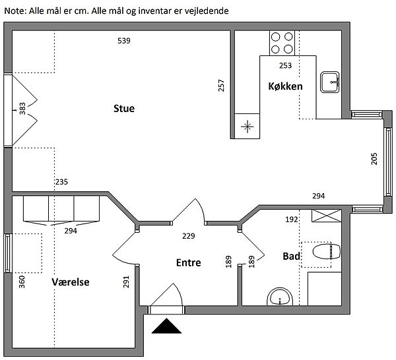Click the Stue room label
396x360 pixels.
tap(124, 109)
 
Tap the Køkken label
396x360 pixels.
tap(285, 86)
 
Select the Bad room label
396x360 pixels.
tap(292, 256)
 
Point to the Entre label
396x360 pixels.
tap(188, 262)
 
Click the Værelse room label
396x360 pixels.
tap(71, 282)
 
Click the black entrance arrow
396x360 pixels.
tap(166, 326)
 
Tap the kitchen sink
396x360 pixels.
tap(330, 82)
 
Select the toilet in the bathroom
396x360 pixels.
tap(326, 251)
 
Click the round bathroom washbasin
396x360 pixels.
tap(280, 297)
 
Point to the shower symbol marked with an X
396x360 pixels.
tap(326, 216)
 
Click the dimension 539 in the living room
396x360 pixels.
tap(124, 41)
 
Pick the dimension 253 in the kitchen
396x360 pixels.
tap(285, 65)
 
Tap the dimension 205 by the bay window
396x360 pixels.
tap(374, 159)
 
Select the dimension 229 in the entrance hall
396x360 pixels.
tap(189, 236)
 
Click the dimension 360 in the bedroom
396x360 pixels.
tap(22, 282)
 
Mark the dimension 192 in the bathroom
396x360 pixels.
tap(292, 220)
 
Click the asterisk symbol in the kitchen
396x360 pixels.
tap(247, 127)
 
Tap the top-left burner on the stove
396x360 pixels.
tap(275, 37)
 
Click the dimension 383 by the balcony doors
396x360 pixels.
tap(22, 109)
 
